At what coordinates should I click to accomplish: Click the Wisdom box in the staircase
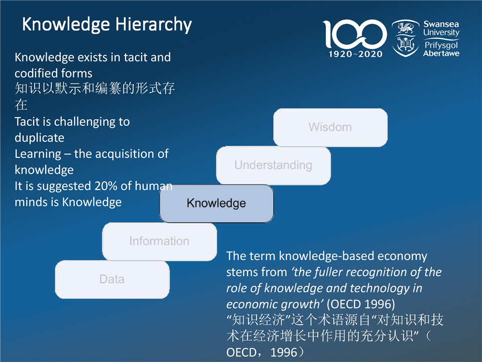pyautogui.click(x=330, y=127)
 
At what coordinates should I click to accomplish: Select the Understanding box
pyautogui.click(x=273, y=165)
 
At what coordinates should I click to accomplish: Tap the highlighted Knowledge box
pyautogui.click(x=216, y=203)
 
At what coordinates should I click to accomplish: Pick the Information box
pyautogui.click(x=159, y=241)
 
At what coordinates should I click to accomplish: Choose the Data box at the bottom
pyautogui.click(x=112, y=279)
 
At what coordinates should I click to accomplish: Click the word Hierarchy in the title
pyautogui.click(x=154, y=25)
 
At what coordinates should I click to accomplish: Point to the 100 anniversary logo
pyautogui.click(x=354, y=34)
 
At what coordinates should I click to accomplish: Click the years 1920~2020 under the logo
pyautogui.click(x=355, y=54)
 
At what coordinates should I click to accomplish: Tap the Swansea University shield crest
pyautogui.click(x=406, y=38)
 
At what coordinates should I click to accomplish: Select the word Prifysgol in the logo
pyautogui.click(x=441, y=45)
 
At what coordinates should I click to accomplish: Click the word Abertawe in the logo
pyautogui.click(x=441, y=53)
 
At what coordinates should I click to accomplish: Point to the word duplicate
pyautogui.click(x=39, y=138)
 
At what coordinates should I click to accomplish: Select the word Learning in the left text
pyautogui.click(x=38, y=154)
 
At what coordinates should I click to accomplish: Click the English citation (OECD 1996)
pyautogui.click(x=360, y=304)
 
